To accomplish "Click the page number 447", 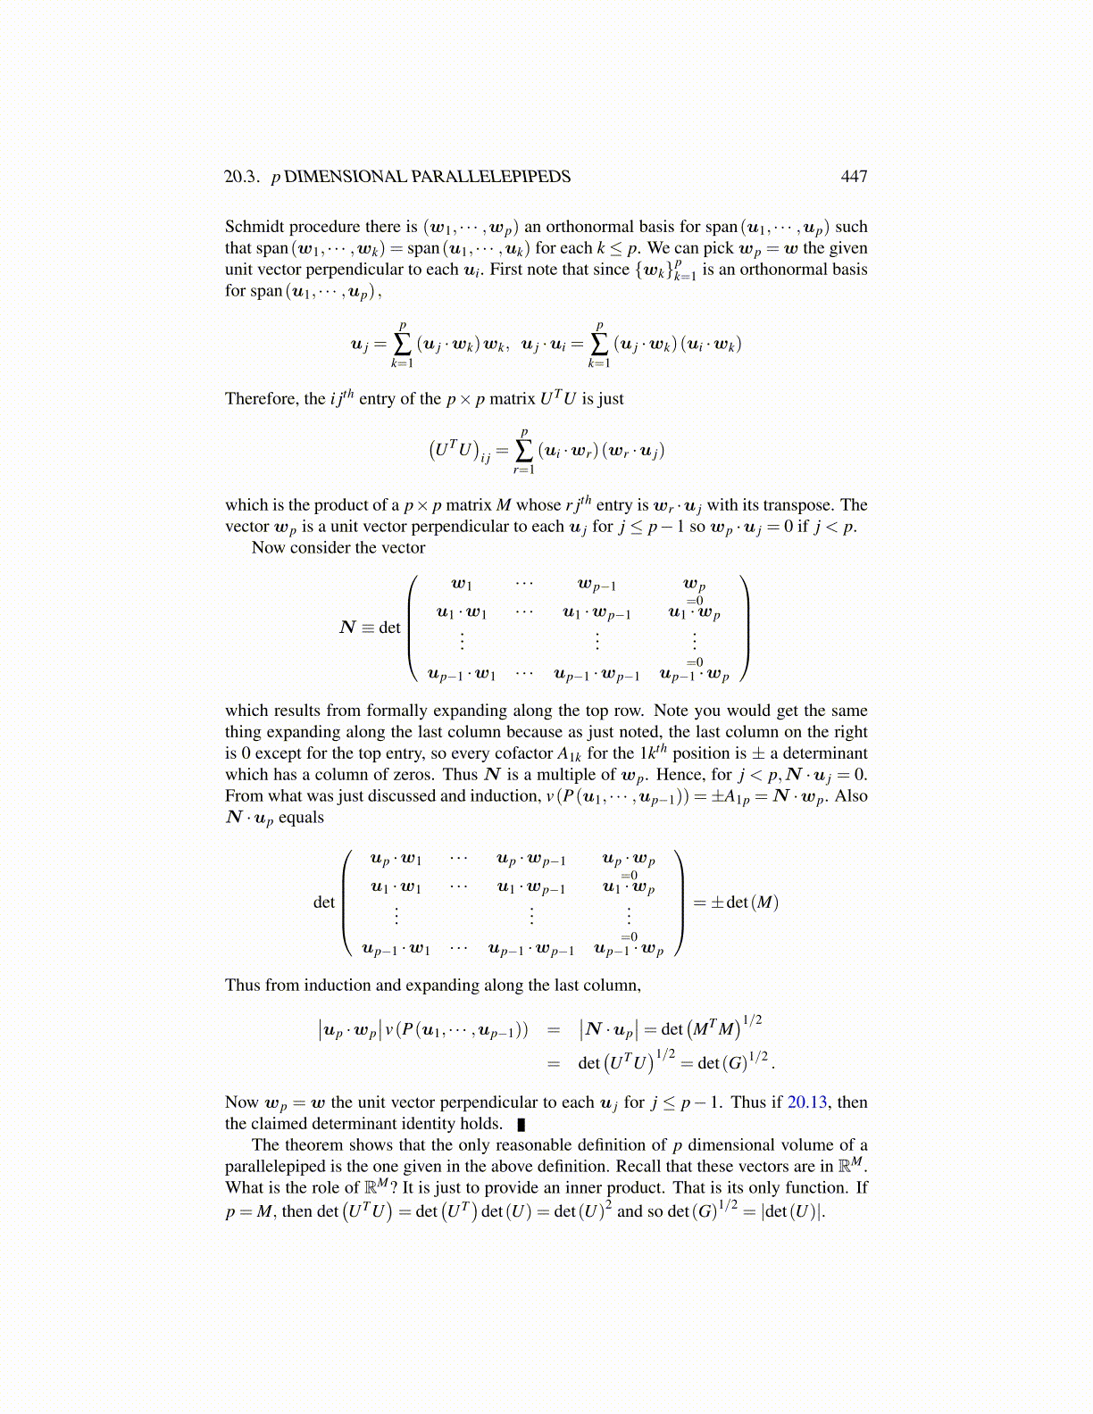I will (854, 177).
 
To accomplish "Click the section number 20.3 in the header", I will (241, 177).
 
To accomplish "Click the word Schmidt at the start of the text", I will (254, 227).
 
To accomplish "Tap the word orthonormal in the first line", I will (588, 227).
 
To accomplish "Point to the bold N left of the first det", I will (348, 628).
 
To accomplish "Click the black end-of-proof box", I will (521, 1125).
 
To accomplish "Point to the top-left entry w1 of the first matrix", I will (462, 585).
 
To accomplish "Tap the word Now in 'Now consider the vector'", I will (267, 548).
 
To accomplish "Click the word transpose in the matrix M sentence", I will (801, 505).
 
